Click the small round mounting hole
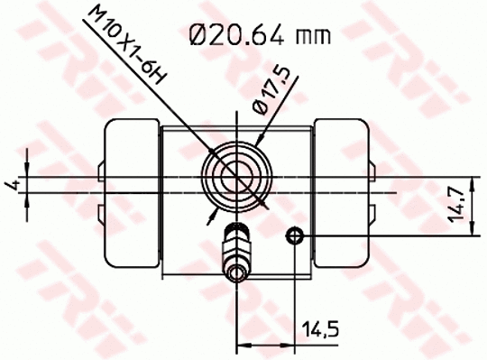pos(294,236)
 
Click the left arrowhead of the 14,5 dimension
pos(242,344)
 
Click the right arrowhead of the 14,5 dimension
pos(289,344)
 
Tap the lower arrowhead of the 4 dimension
pos(27,198)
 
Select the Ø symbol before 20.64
pos(200,36)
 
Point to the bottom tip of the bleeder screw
pos(236,282)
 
